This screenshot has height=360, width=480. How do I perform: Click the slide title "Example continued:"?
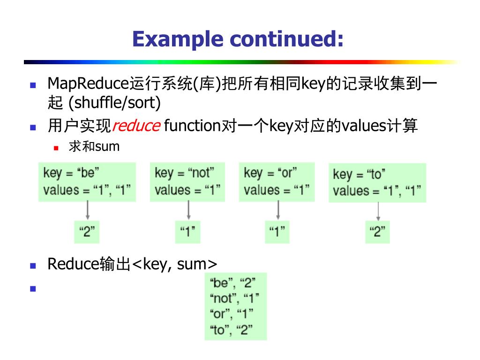pos(238,38)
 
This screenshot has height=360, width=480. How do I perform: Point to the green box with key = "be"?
pos(87,182)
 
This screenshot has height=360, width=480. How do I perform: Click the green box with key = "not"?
pos(187,182)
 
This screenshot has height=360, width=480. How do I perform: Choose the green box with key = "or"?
pos(277,182)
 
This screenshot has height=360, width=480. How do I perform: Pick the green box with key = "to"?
pos(377,183)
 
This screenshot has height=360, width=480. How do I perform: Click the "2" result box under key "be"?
pos(87,232)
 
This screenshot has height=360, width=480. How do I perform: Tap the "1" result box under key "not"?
pos(187,232)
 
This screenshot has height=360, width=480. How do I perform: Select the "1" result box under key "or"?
pos(277,232)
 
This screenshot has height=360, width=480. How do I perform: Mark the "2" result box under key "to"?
pos(377,232)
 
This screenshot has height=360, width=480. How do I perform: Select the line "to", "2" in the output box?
pos(232,330)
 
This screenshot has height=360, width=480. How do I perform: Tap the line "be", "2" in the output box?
pos(232,283)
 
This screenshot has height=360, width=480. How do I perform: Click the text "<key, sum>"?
pos(175,264)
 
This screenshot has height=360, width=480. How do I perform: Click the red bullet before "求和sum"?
pos(56,147)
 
